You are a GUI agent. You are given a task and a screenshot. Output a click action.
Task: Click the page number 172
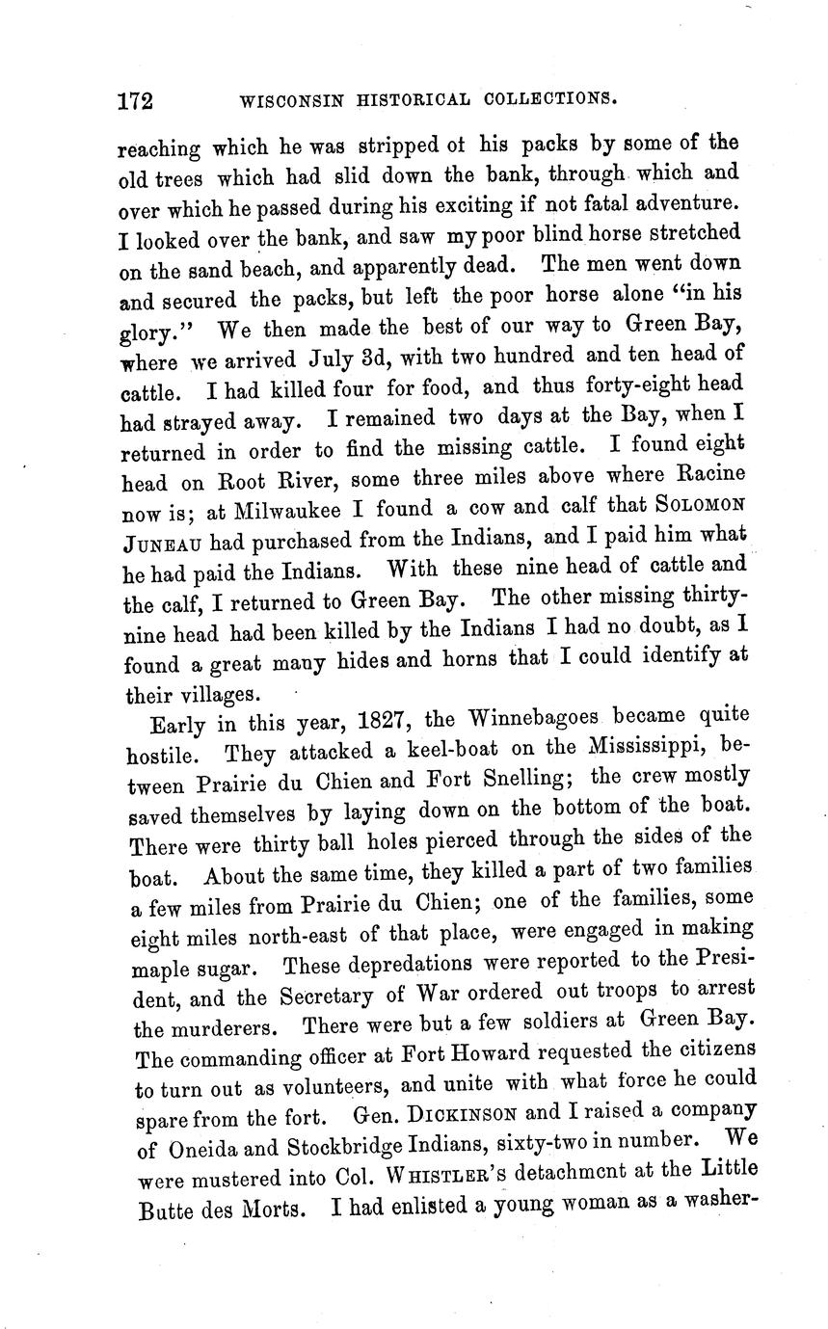tap(137, 100)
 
